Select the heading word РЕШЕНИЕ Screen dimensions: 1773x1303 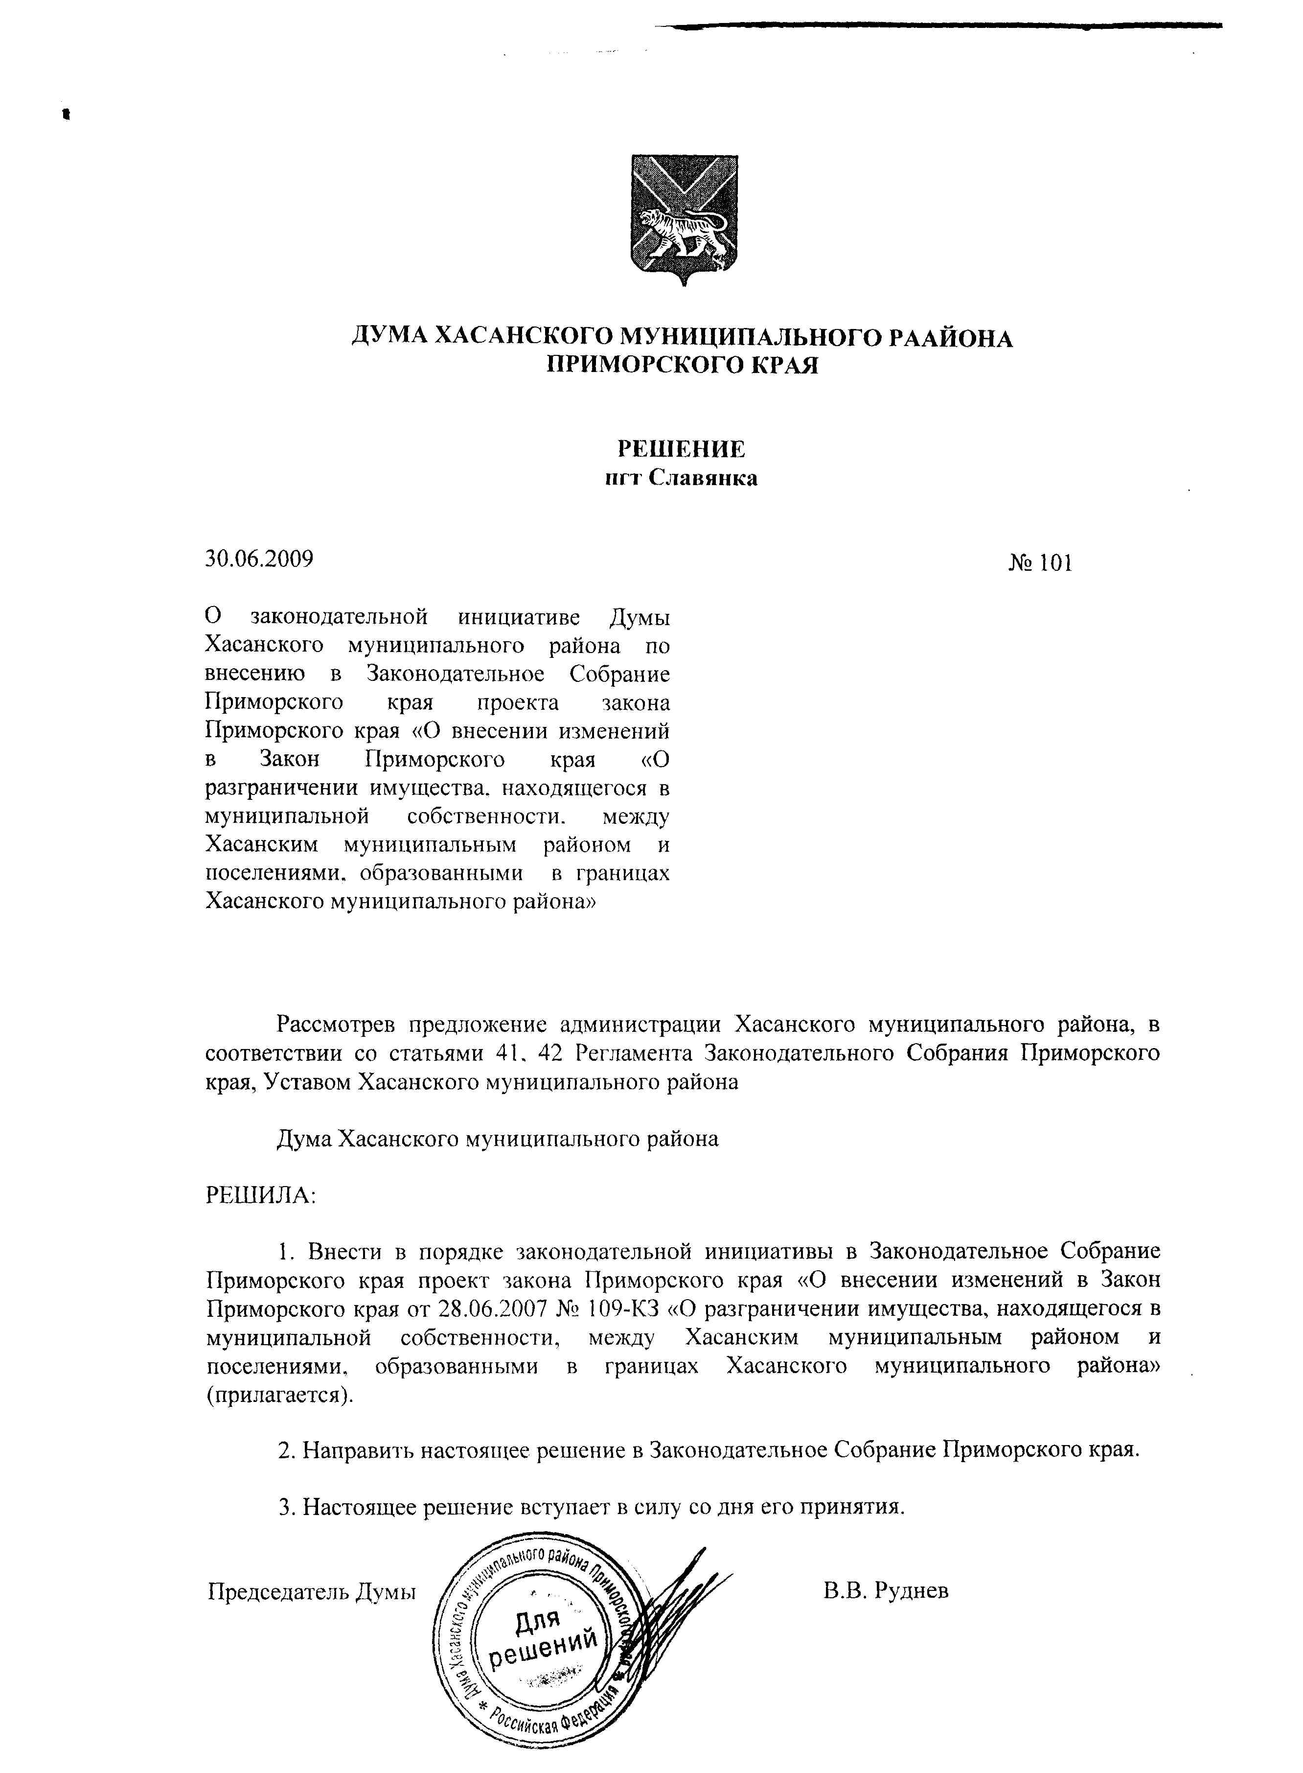(681, 449)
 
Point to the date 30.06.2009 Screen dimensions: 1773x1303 (259, 559)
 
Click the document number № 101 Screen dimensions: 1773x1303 (1040, 563)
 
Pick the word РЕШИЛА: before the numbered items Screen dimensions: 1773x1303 (260, 1195)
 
